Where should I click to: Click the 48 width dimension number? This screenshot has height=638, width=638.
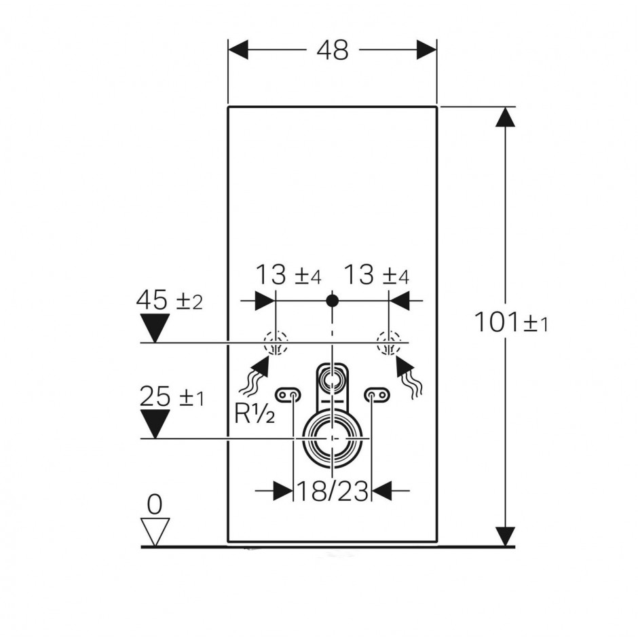(x=333, y=50)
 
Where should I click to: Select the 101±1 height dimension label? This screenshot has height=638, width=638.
(x=512, y=322)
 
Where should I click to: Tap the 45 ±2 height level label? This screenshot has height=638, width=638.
(x=169, y=300)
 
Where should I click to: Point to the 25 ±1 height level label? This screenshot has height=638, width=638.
(x=171, y=396)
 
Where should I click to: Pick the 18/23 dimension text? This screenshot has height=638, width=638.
(x=333, y=491)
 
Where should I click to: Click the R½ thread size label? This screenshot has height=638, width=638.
(x=255, y=414)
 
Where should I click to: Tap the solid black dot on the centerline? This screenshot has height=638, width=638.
(x=333, y=301)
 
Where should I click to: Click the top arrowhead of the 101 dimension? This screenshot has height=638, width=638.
(x=506, y=117)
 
